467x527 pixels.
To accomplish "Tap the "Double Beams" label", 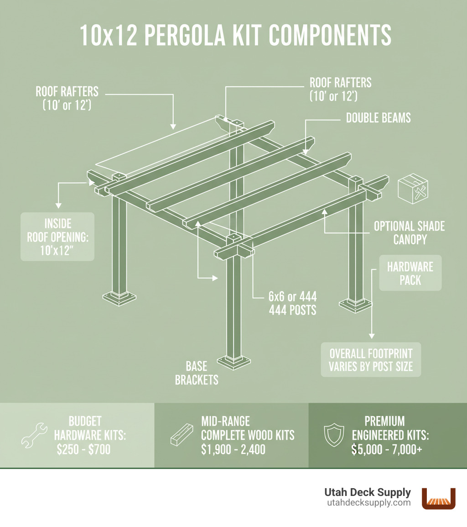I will [x=378, y=118].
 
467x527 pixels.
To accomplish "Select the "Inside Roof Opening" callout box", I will [x=57, y=237].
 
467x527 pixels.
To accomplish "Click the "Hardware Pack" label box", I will [x=410, y=273].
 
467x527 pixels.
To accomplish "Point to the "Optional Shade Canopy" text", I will [x=409, y=232].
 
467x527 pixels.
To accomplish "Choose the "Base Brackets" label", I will [x=197, y=373].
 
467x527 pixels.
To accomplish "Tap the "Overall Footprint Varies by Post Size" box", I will [x=371, y=360].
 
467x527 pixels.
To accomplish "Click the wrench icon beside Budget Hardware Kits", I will [x=34, y=435].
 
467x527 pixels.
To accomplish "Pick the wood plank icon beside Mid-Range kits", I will [x=181, y=435].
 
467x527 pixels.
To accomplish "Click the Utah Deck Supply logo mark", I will [x=439, y=498].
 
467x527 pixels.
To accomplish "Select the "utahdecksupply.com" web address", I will [x=368, y=503].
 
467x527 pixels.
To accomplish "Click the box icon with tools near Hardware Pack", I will [x=413, y=188].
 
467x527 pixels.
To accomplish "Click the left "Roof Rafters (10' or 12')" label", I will [x=67, y=97].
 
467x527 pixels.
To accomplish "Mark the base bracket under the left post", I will [x=119, y=298].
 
